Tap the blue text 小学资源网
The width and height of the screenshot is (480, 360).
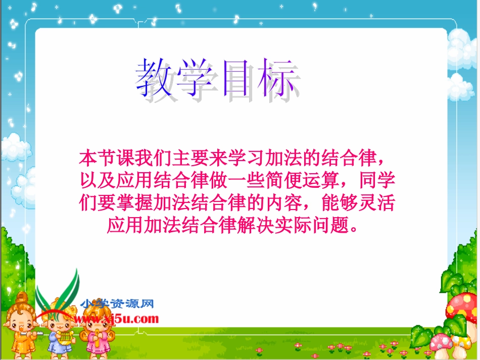[117, 304]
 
